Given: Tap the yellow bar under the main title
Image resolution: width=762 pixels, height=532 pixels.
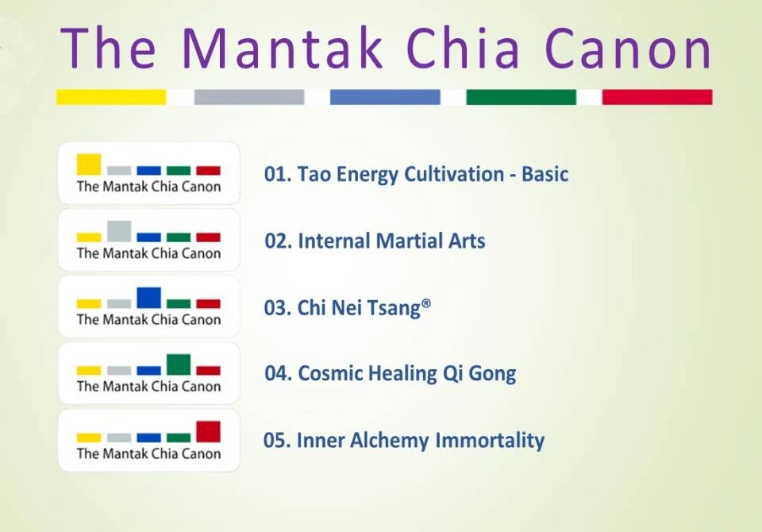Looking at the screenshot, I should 111,97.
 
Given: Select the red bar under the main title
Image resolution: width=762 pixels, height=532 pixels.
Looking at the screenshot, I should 656,97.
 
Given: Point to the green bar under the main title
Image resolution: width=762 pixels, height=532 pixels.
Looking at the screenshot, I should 521,97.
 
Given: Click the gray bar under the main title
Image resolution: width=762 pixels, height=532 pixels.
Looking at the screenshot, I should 248,97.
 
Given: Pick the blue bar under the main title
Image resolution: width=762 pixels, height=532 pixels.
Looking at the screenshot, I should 385,97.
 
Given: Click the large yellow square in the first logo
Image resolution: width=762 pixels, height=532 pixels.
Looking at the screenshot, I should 89,164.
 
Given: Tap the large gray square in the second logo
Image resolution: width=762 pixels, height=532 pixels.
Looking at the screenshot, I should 119,230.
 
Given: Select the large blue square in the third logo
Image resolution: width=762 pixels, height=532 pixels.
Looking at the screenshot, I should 148,297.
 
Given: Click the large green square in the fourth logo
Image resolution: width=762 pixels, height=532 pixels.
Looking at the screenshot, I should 179,364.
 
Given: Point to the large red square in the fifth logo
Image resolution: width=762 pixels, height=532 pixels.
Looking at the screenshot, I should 208,431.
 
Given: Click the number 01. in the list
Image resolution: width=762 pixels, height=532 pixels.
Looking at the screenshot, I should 278,174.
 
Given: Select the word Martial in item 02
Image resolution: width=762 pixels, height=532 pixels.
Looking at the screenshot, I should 403,241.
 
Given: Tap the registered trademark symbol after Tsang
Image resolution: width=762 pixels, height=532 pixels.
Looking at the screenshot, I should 427,303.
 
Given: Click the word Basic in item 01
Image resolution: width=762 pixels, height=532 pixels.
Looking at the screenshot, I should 545,174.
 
